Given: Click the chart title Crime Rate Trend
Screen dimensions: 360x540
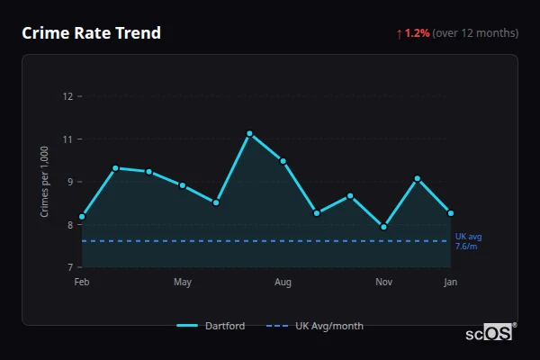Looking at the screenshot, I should tap(91, 33).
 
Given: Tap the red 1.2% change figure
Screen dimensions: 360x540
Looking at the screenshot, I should tap(418, 33).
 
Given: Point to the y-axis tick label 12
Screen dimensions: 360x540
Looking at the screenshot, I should tap(67, 96).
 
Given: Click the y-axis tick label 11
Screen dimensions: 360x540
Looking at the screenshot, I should tap(67, 139).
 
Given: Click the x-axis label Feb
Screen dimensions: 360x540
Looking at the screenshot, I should tap(82, 283).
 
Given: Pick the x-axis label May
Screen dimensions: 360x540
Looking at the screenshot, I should tap(183, 283).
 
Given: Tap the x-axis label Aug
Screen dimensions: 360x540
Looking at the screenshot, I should tap(283, 283).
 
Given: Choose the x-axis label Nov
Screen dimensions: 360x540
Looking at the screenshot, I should tap(383, 283).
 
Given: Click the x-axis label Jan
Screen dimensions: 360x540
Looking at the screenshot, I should tap(451, 283).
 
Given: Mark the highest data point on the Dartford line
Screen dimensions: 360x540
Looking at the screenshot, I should tap(249, 133).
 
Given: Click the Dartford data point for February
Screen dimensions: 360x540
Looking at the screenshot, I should tap(82, 217).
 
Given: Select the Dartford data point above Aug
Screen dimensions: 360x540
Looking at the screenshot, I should tap(283, 161).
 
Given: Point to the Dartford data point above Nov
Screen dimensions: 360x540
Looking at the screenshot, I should tap(383, 227).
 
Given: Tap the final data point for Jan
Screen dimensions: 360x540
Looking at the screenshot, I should tap(451, 213).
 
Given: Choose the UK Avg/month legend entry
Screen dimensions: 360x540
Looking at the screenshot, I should tap(316, 326).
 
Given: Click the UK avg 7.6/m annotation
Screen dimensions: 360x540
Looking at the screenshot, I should tap(468, 241).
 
